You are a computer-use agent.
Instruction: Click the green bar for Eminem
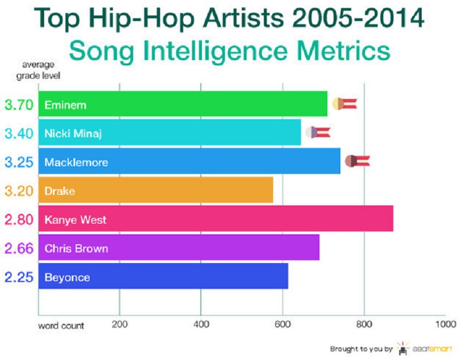point(183,104)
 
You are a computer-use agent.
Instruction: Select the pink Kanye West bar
point(216,218)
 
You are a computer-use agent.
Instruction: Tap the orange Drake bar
point(155,190)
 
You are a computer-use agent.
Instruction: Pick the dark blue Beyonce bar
point(164,276)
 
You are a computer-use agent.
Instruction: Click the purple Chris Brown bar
point(179,247)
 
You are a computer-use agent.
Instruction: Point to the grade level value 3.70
point(19,105)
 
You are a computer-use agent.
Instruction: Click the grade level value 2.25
point(19,277)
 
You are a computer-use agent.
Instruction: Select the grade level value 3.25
point(19,162)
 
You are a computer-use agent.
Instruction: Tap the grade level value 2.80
point(19,220)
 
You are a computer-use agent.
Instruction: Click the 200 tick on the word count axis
point(119,324)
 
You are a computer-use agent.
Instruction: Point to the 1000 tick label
point(446,324)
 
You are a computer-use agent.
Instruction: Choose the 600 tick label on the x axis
point(282,324)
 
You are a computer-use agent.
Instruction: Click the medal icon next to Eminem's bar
point(345,104)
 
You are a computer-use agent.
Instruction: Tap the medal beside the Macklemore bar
point(357,161)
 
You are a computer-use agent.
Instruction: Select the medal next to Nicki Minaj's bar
point(318,132)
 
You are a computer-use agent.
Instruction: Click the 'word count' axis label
point(61,326)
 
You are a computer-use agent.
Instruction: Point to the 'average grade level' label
point(38,70)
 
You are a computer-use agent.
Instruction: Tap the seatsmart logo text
point(432,349)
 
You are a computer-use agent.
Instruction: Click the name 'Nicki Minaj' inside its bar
point(73,134)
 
